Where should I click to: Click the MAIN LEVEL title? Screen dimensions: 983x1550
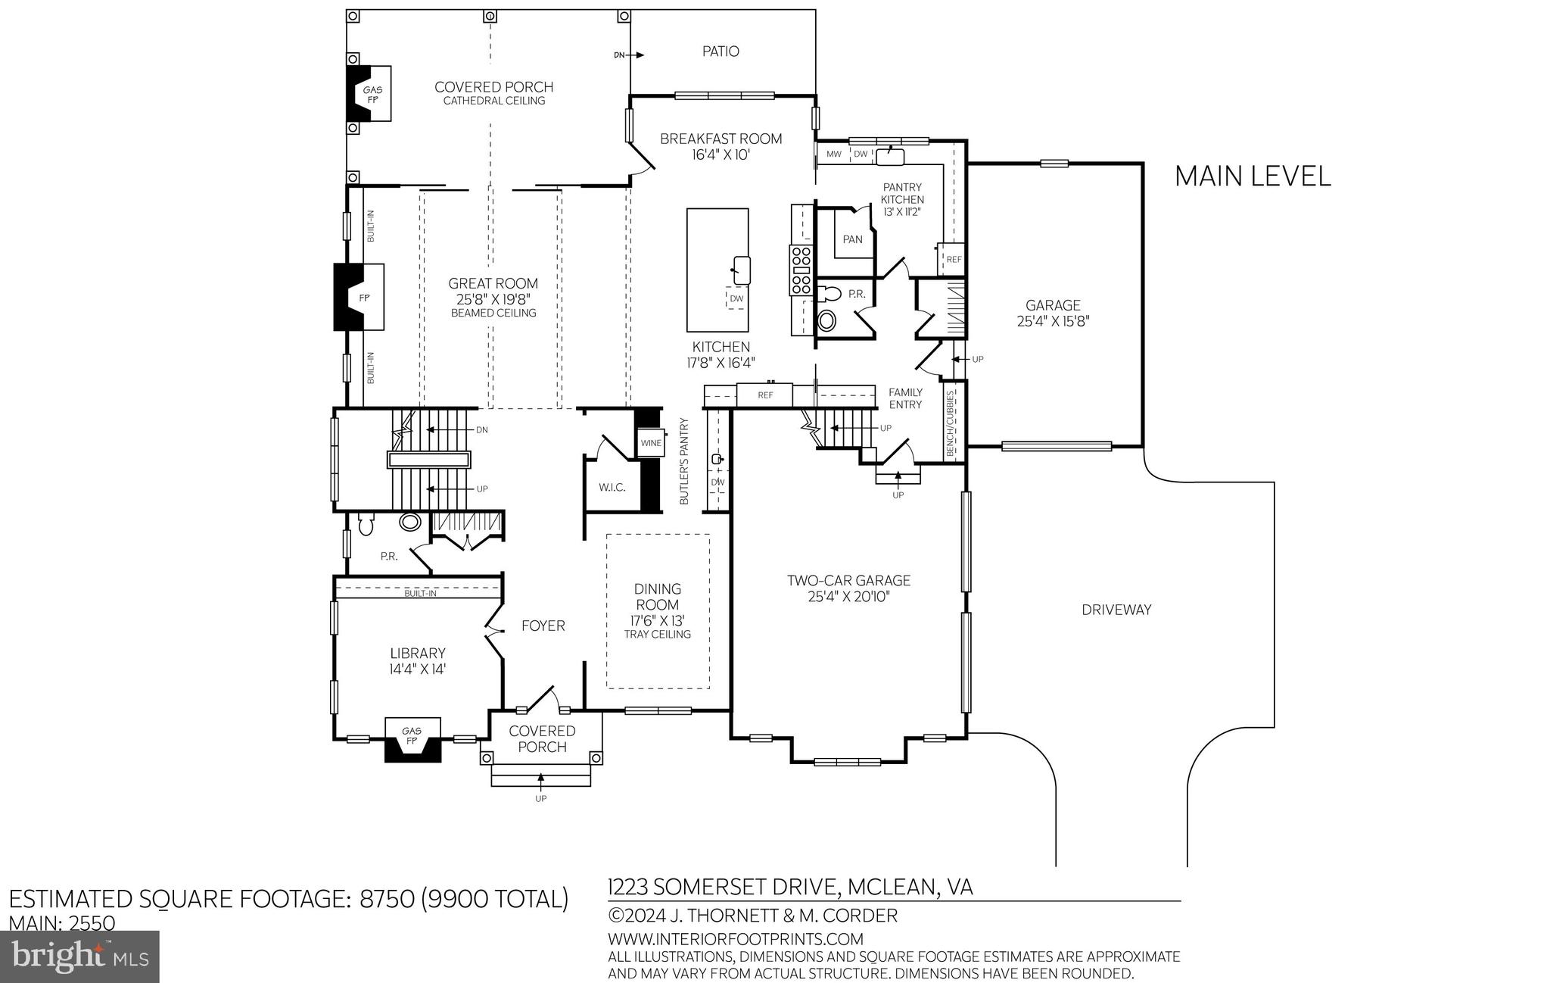click(1252, 176)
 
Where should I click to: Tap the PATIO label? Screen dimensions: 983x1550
click(721, 51)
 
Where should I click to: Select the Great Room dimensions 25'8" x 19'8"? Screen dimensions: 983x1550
click(493, 298)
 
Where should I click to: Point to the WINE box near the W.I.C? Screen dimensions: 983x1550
click(651, 443)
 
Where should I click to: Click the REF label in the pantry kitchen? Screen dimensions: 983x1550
click(954, 259)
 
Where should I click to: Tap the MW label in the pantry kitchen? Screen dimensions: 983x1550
click(834, 154)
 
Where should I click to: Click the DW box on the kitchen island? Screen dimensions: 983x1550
click(736, 298)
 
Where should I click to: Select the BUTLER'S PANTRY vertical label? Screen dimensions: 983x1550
click(684, 461)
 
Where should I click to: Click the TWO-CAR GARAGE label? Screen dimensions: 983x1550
click(848, 581)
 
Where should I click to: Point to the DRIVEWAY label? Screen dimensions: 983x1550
click(1116, 610)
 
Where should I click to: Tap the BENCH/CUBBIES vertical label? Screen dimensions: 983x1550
click(951, 423)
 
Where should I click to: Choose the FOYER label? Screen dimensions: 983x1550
click(543, 626)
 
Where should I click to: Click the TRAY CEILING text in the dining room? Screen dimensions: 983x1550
click(657, 635)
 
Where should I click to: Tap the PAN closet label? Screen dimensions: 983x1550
click(852, 239)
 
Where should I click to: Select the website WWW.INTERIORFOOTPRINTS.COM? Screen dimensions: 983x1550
click(735, 939)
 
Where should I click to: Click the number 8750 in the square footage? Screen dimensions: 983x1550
click(387, 899)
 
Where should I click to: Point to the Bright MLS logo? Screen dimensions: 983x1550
click(80, 956)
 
